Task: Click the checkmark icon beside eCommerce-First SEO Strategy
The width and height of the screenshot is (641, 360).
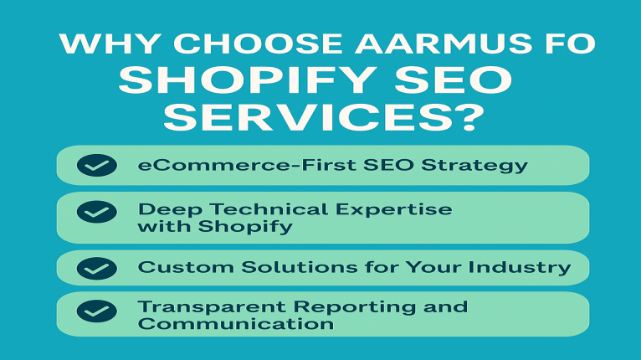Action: point(97,165)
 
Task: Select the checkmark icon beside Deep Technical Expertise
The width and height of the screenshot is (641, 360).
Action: point(97,212)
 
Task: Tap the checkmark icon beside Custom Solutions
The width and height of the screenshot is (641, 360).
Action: point(97,269)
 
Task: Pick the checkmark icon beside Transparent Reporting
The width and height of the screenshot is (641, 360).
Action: point(97,311)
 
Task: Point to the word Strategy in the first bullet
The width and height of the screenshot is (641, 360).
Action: point(474,166)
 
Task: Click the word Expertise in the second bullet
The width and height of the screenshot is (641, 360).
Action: point(394,210)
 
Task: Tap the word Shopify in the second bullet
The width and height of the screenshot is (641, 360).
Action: point(245,227)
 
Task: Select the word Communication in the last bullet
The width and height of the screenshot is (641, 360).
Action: point(236,324)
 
